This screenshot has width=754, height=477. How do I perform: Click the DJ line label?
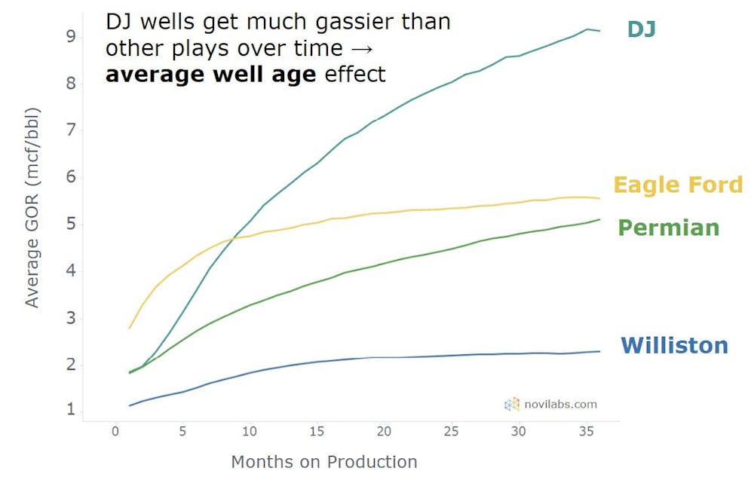[642, 29]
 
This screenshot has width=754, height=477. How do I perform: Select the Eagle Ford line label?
[677, 185]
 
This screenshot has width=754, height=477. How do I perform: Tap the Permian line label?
[668, 228]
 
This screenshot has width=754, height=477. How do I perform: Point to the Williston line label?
[674, 346]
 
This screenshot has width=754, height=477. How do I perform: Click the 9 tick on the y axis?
[69, 35]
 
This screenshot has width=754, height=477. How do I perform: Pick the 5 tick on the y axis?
[69, 224]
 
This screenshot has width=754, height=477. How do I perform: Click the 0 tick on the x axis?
[115, 432]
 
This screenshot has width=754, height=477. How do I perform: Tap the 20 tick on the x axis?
[384, 432]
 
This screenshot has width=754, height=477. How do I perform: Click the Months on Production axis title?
[323, 462]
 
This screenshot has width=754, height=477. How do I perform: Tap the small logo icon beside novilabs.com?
[512, 405]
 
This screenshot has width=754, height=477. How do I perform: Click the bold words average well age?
[210, 75]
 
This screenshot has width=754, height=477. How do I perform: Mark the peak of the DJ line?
[587, 29]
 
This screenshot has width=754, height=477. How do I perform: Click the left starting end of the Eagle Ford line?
[130, 328]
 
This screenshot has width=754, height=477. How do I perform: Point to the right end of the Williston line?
[600, 351]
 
